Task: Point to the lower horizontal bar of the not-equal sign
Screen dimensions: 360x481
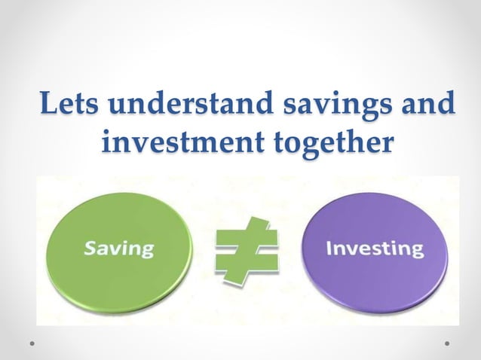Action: pos(245,263)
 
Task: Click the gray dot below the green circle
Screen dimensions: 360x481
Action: pos(33,343)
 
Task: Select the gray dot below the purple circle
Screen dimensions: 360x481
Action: pos(448,343)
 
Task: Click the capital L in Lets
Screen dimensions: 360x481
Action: pos(48,104)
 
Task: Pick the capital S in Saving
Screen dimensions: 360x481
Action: pos(89,246)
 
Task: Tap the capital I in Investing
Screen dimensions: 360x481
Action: pos(329,248)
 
